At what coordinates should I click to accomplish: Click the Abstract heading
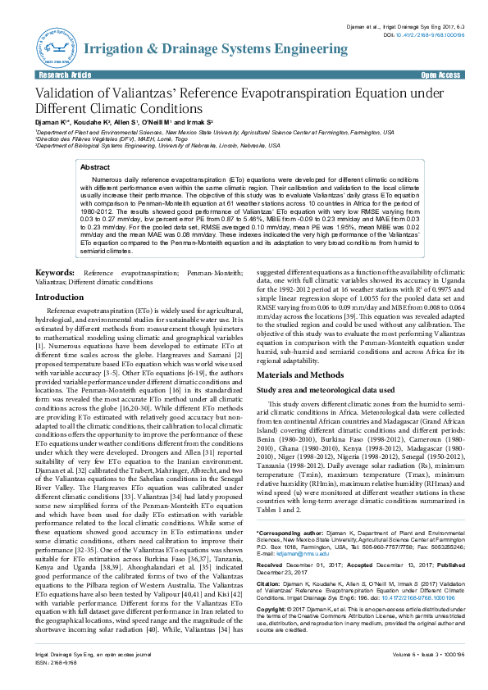tap(95, 166)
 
